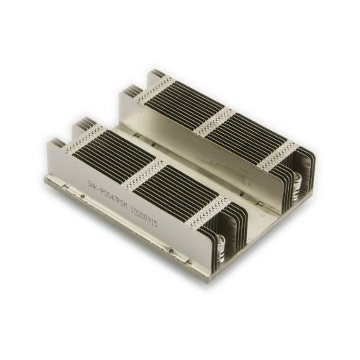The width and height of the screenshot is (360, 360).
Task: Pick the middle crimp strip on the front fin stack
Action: pyautogui.click(x=143, y=171)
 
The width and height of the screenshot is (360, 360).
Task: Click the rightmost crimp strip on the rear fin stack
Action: pyautogui.click(x=278, y=154)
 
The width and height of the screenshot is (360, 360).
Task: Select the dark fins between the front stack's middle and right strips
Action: pyautogui.click(x=176, y=188)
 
